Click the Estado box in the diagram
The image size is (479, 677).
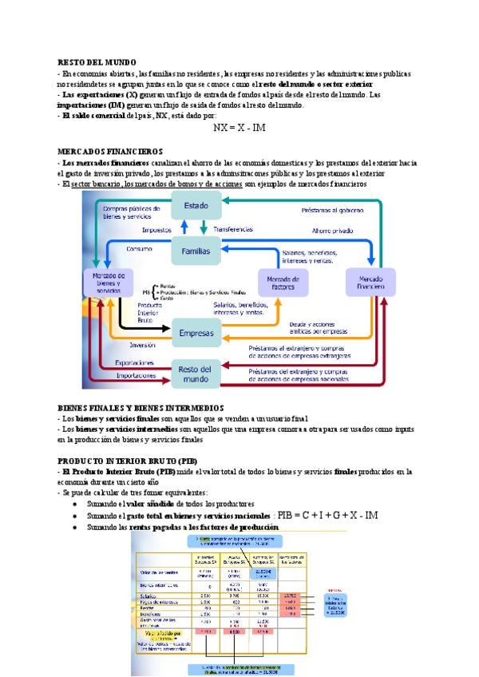coord(196,206)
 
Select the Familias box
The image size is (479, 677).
coord(196,251)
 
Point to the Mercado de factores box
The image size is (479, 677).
coord(283,281)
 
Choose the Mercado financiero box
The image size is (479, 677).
coord(370,281)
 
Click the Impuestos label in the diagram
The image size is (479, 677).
coord(156,230)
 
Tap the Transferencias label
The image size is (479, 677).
coord(233,229)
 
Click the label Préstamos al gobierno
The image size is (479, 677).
coord(331,211)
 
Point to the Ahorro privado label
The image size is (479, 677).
coord(332,230)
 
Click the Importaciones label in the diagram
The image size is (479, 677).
coord(137,374)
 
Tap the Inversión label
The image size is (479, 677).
coord(142,345)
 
